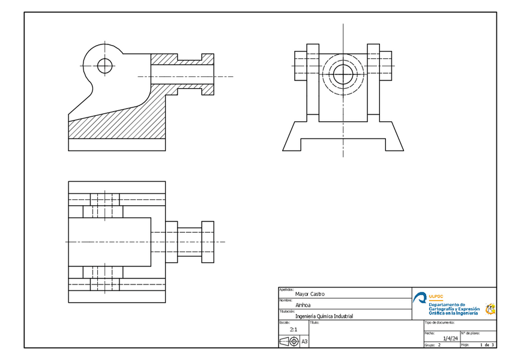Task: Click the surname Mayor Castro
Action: [310, 294]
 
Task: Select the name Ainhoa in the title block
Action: [303, 305]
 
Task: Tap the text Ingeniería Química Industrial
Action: [324, 316]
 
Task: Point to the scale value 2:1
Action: [294, 329]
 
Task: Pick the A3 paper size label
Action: [304, 341]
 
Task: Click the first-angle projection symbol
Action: [289, 341]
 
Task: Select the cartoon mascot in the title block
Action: [490, 308]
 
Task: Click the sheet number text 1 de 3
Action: [487, 345]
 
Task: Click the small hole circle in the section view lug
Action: [105, 65]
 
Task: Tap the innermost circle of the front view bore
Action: [343, 74]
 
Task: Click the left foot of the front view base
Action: [293, 138]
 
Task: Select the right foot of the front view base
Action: [394, 138]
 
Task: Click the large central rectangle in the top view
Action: [109, 242]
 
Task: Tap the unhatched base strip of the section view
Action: [117, 145]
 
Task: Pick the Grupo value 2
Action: [439, 346]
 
